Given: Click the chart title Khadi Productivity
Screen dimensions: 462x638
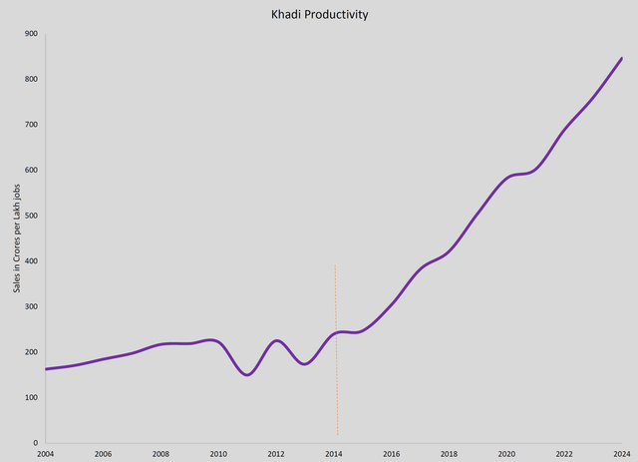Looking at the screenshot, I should point(318,15).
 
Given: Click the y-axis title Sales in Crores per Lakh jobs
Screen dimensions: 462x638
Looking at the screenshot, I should point(14,238).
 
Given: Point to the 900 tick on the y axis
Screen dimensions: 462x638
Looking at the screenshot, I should point(32,34).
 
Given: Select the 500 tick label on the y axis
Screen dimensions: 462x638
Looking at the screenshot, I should point(32,216).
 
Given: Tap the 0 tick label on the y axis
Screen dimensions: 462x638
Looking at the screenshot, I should point(36,443).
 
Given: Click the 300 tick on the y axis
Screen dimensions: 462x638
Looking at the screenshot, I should point(32,306).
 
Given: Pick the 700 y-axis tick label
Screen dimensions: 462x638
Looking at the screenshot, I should point(32,125).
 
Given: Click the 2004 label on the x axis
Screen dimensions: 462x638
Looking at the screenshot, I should point(45,454).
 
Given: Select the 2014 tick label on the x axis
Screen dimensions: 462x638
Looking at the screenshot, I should point(333,454).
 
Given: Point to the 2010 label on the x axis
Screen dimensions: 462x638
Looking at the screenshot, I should point(218,454).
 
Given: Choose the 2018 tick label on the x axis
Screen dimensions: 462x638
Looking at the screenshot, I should point(449,454).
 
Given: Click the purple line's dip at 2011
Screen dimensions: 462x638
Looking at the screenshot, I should point(247,374).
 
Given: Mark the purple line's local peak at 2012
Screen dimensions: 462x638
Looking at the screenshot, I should point(276,341).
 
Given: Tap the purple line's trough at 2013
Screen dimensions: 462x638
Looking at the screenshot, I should point(305,363).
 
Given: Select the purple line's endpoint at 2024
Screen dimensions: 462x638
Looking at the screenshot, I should point(621,58).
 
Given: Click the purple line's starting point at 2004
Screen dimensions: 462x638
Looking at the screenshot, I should point(46,369).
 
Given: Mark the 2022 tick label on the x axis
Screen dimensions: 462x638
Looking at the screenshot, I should point(564,454).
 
